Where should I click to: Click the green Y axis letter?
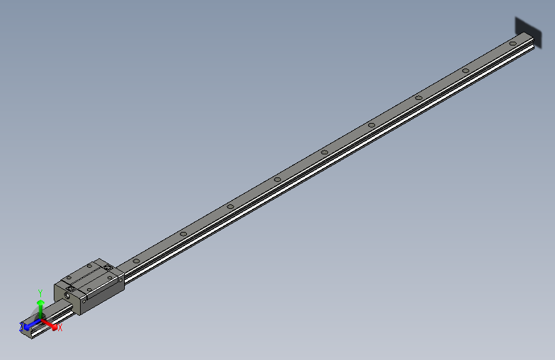40,291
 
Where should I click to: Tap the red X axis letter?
60,328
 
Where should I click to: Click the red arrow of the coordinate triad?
51,323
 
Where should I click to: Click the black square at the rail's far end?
527,29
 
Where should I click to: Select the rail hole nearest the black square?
513,43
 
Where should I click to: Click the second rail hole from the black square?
465,70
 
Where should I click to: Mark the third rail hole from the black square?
419,97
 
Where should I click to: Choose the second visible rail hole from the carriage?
182,234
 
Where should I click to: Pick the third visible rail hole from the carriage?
230,206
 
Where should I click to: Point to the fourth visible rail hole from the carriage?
277,179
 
